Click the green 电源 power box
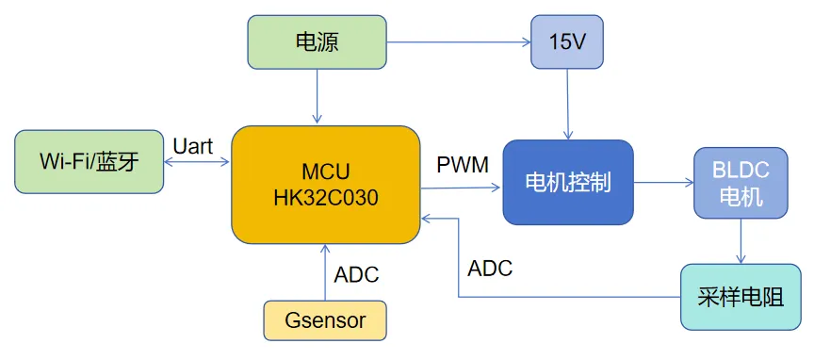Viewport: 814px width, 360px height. click(317, 41)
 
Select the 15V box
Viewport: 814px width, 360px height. click(566, 41)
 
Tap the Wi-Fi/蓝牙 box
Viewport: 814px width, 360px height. click(90, 161)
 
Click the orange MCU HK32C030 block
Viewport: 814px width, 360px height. click(325, 185)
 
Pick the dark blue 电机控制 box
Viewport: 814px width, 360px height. click(567, 182)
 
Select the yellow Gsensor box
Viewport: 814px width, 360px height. click(325, 320)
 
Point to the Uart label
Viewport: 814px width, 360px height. click(193, 145)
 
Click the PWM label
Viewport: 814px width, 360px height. click(463, 166)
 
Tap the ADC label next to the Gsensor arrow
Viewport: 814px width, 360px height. click(356, 275)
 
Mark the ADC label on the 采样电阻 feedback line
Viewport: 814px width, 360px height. click(490, 268)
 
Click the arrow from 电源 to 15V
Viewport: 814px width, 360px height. click(458, 41)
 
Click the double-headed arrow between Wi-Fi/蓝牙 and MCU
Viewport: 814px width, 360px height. click(197, 162)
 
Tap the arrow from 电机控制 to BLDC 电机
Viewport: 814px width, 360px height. click(663, 183)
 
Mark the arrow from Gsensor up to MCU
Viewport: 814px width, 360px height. click(325, 273)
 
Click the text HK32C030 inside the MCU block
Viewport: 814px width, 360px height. click(325, 198)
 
